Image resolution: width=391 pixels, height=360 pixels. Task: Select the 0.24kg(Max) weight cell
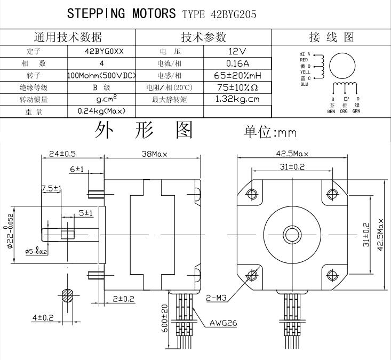coord(102,111)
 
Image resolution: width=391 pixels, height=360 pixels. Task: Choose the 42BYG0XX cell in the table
coord(102,52)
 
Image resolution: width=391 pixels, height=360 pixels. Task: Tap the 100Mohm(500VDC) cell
coord(102,75)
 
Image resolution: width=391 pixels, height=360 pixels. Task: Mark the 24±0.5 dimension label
coord(62,154)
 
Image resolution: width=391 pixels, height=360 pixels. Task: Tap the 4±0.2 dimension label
coord(43,318)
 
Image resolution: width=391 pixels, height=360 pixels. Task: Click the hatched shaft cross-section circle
coord(67,295)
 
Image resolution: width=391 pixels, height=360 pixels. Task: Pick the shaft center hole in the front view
coord(291,234)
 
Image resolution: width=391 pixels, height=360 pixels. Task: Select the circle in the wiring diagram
coord(342,65)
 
